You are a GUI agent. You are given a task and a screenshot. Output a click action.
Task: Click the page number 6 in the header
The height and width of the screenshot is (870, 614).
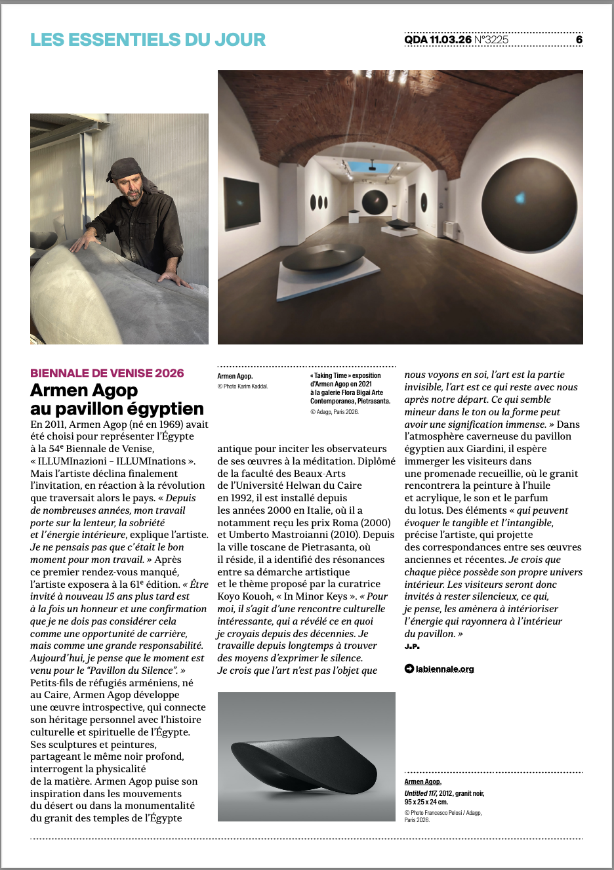tap(579, 40)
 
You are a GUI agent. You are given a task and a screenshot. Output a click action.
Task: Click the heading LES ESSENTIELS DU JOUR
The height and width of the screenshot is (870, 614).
tap(148, 39)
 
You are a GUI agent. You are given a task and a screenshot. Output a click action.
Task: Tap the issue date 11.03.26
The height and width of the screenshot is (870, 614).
tap(451, 40)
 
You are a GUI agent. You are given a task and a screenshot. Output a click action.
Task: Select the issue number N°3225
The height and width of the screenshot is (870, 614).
tap(491, 40)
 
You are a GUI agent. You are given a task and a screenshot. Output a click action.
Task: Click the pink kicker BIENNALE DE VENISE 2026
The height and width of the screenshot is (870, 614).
tap(107, 373)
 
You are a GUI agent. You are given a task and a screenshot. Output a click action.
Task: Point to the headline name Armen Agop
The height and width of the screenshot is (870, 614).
tap(84, 390)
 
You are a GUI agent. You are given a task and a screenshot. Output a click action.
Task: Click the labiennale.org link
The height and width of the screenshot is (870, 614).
tap(444, 669)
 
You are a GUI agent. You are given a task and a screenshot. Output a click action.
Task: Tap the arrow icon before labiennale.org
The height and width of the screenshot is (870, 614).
tap(409, 669)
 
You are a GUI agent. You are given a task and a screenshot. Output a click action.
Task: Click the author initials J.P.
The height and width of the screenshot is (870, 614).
tap(412, 646)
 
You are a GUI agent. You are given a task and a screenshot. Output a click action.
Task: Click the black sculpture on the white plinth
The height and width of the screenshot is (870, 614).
tap(321, 257)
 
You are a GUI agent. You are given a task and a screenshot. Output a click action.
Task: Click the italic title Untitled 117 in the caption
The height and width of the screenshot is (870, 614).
tap(420, 793)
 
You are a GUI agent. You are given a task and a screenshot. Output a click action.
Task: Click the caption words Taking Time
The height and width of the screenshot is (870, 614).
tap(331, 376)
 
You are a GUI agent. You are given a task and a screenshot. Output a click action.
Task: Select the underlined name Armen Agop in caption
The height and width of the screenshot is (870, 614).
tap(422, 781)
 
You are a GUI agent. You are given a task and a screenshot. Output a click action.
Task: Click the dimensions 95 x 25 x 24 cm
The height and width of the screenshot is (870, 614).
tap(426, 802)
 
